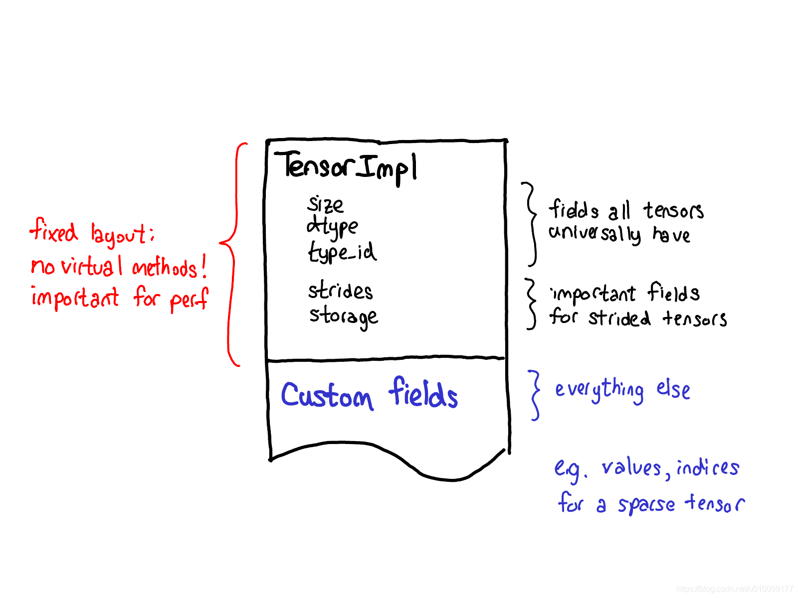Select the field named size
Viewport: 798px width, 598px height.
click(326, 204)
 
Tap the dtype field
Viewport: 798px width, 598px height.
click(332, 227)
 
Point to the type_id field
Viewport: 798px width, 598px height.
click(342, 252)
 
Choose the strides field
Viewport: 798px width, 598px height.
click(340, 291)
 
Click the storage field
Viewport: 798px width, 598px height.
click(343, 316)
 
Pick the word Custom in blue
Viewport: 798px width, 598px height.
click(327, 396)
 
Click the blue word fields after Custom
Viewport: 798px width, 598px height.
click(423, 394)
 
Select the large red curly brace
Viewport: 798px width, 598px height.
click(231, 254)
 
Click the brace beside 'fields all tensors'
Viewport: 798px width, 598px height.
click(531, 224)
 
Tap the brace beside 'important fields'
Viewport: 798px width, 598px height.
click(531, 304)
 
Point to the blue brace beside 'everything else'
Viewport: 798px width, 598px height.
click(535, 395)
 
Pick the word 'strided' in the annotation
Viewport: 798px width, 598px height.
click(619, 318)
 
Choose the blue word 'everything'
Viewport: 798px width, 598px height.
click(599, 390)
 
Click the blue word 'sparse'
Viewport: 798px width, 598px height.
click(646, 504)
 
